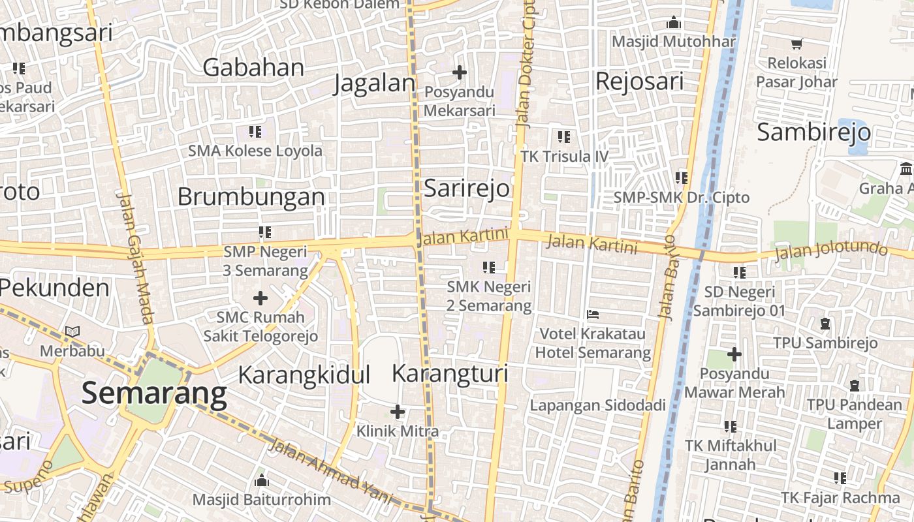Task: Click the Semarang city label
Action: (154, 393)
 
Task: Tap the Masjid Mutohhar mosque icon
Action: (674, 23)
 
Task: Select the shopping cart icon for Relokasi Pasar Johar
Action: (796, 44)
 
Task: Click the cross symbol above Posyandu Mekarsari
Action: (460, 72)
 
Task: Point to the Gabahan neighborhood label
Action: (253, 67)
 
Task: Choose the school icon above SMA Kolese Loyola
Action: (255, 132)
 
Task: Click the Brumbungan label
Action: (251, 196)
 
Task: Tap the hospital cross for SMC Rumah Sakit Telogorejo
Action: (260, 299)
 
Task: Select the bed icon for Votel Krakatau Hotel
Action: (593, 315)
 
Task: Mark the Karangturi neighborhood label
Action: (450, 374)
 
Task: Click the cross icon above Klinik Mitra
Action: (397, 412)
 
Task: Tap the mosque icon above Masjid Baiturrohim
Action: (262, 481)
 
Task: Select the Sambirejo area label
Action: (813, 132)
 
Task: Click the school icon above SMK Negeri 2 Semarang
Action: (489, 267)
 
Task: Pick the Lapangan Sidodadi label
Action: (597, 405)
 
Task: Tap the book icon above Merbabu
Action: (72, 332)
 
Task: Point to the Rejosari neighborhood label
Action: (639, 82)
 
